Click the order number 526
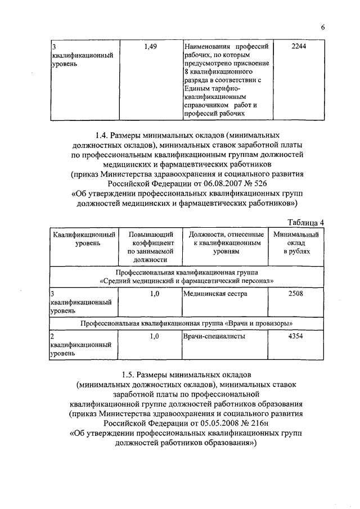(x=249, y=183)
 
